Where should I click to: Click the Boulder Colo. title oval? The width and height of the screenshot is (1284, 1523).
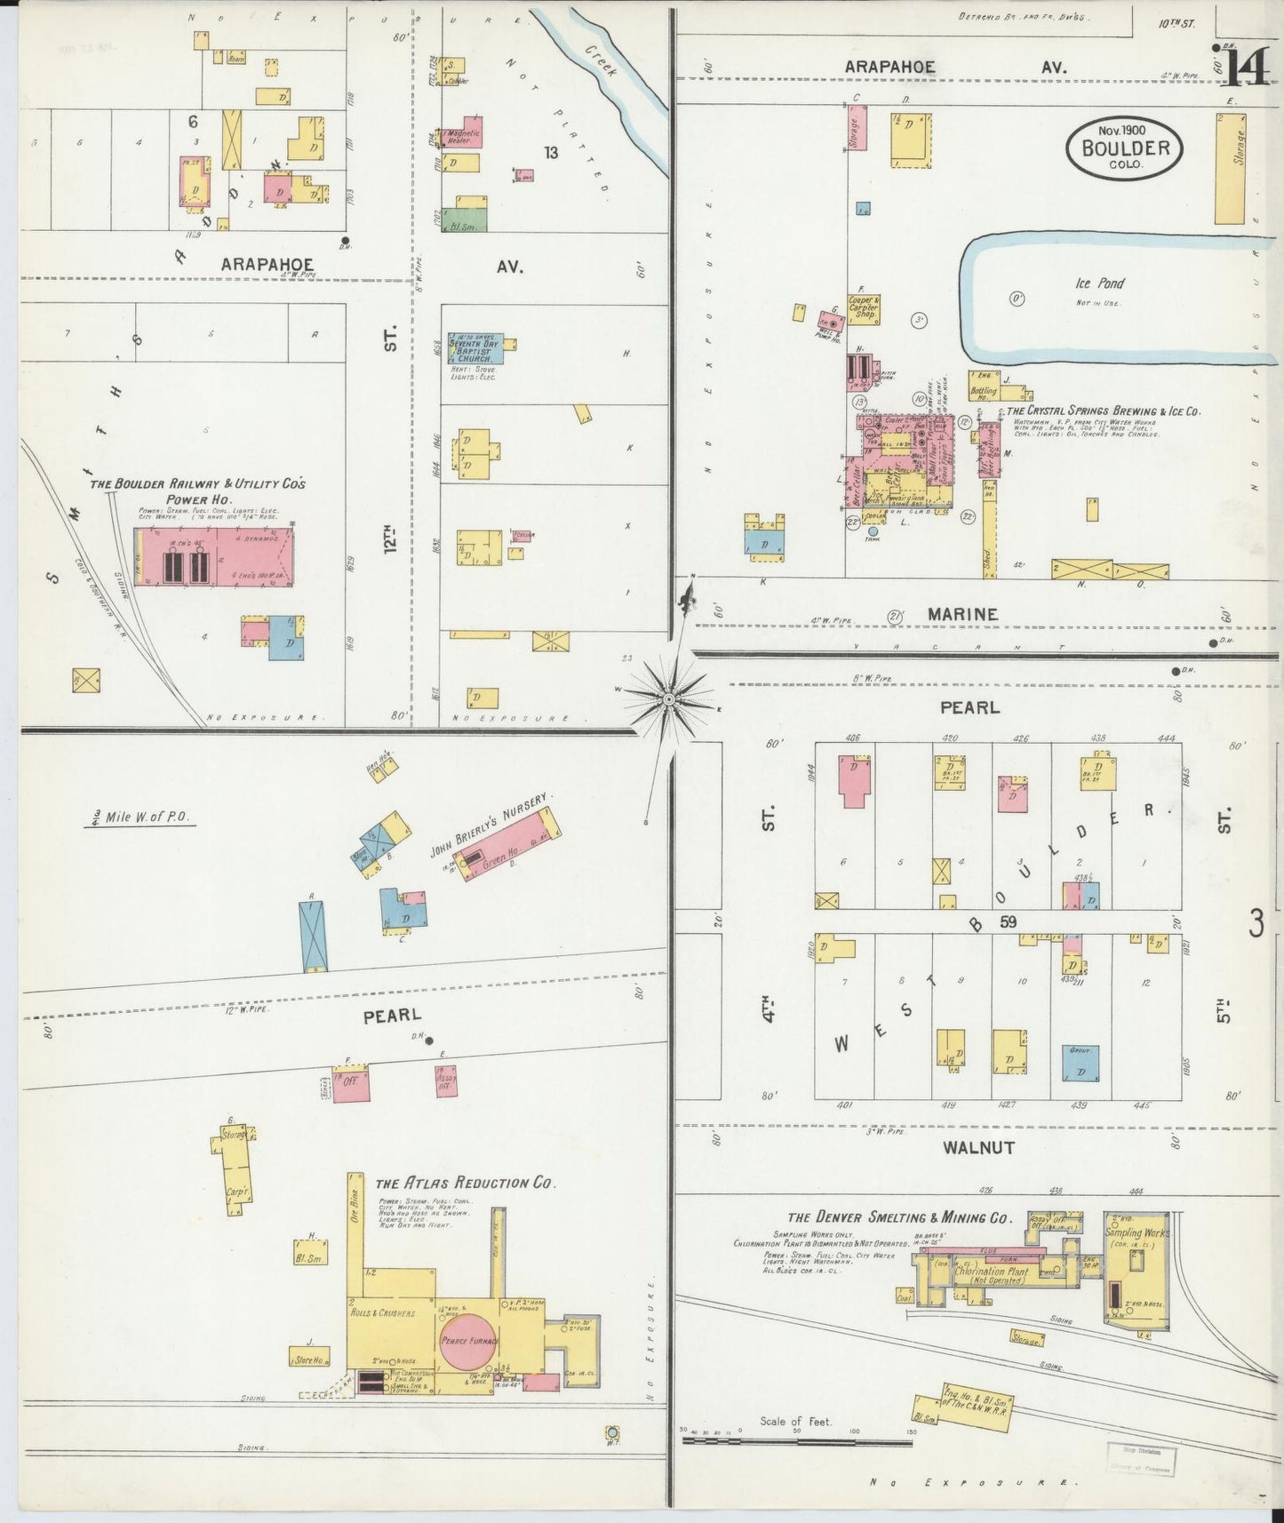click(x=1125, y=147)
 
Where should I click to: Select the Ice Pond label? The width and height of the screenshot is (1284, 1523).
click(x=1099, y=283)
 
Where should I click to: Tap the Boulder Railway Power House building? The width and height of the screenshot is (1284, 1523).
click(x=214, y=556)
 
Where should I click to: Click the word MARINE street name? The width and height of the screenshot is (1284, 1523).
click(x=964, y=614)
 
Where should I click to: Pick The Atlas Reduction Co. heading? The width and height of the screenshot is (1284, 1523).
click(x=465, y=1183)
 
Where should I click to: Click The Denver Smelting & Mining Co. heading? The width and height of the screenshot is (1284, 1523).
click(x=899, y=1218)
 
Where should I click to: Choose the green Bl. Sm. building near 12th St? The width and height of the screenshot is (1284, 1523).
click(x=465, y=221)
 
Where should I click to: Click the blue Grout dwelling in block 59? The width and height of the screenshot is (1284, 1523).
click(x=1081, y=1064)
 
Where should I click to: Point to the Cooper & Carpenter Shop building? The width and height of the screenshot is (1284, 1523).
click(x=863, y=307)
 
